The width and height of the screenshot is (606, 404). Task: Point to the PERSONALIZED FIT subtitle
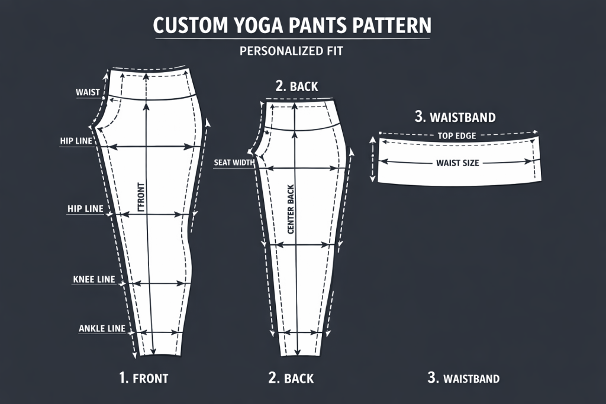(x=291, y=51)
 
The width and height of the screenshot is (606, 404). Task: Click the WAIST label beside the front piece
(x=88, y=92)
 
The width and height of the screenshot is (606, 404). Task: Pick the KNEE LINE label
(x=94, y=279)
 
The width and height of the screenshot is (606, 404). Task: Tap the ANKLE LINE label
(x=102, y=329)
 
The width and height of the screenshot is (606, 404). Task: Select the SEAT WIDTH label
(x=234, y=163)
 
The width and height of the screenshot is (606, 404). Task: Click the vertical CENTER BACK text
(x=291, y=209)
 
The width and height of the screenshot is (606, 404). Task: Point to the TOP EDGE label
(x=456, y=136)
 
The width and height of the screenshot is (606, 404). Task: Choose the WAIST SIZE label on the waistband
(x=457, y=163)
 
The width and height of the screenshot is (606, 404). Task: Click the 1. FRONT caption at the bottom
(x=143, y=378)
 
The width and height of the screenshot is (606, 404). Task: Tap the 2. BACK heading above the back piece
(x=296, y=86)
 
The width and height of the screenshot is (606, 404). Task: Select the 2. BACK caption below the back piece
(x=291, y=378)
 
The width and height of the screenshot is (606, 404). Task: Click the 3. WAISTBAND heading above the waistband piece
(x=455, y=117)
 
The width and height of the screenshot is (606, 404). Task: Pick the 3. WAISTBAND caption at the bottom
(x=463, y=378)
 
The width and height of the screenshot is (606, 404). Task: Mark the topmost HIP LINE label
(x=76, y=141)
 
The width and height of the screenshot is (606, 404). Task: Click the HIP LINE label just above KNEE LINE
(x=85, y=209)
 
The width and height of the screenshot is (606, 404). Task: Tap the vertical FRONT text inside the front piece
(x=141, y=197)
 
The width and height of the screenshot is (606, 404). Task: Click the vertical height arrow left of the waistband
(x=373, y=159)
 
